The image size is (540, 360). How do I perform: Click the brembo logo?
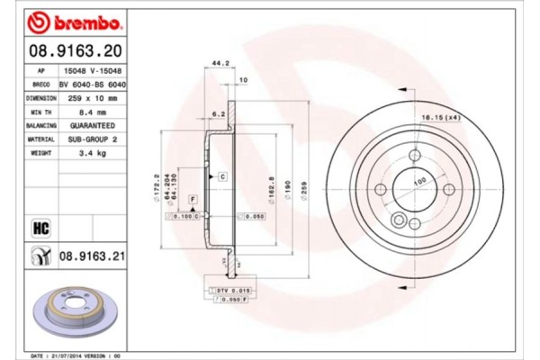[65, 20]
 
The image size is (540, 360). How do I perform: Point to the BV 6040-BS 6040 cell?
[92, 83]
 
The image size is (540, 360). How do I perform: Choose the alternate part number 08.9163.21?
[91, 256]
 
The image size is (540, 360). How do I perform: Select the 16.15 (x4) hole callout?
[440, 116]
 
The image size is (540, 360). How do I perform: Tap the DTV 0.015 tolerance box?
[230, 290]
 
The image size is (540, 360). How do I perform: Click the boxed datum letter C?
[221, 176]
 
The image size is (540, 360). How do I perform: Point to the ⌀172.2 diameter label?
[157, 189]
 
